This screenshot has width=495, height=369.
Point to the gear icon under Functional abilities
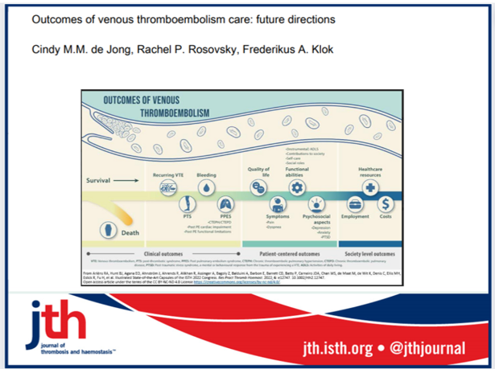297,187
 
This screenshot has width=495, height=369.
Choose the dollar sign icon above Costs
387,204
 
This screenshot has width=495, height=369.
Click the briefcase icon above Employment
355,204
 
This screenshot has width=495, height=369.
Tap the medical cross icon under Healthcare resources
371,187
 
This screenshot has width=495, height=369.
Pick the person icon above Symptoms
278,204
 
